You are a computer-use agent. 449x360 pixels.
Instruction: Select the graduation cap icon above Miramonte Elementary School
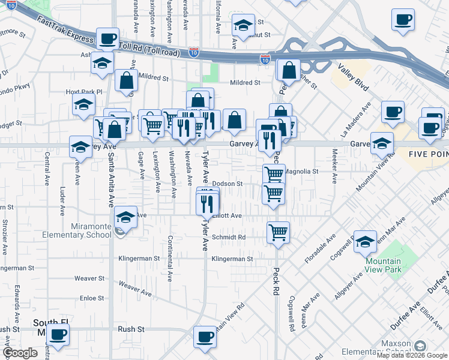(126, 218)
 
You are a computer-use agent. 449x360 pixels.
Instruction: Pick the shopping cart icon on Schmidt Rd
(278, 232)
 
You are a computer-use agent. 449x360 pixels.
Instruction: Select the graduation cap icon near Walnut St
(243, 25)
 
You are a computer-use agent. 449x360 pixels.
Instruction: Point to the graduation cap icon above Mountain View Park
(364, 241)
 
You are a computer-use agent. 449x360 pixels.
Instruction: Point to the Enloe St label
(92, 298)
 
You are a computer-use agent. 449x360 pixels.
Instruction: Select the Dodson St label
(226, 184)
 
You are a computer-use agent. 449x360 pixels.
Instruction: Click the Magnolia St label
(300, 171)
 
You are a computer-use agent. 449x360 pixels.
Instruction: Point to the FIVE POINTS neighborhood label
(429, 154)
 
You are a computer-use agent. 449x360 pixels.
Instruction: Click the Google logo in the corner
(20, 353)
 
